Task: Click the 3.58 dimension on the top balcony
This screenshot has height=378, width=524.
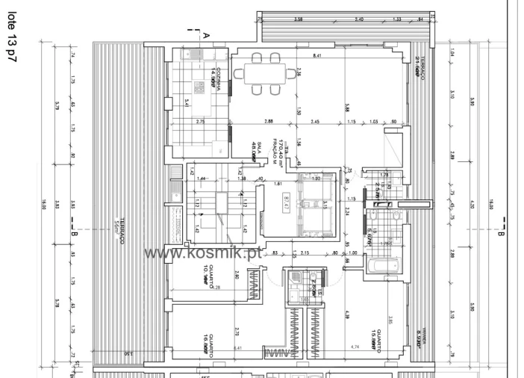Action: [299, 18]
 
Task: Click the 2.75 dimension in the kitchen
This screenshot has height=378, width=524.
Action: [199, 121]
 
